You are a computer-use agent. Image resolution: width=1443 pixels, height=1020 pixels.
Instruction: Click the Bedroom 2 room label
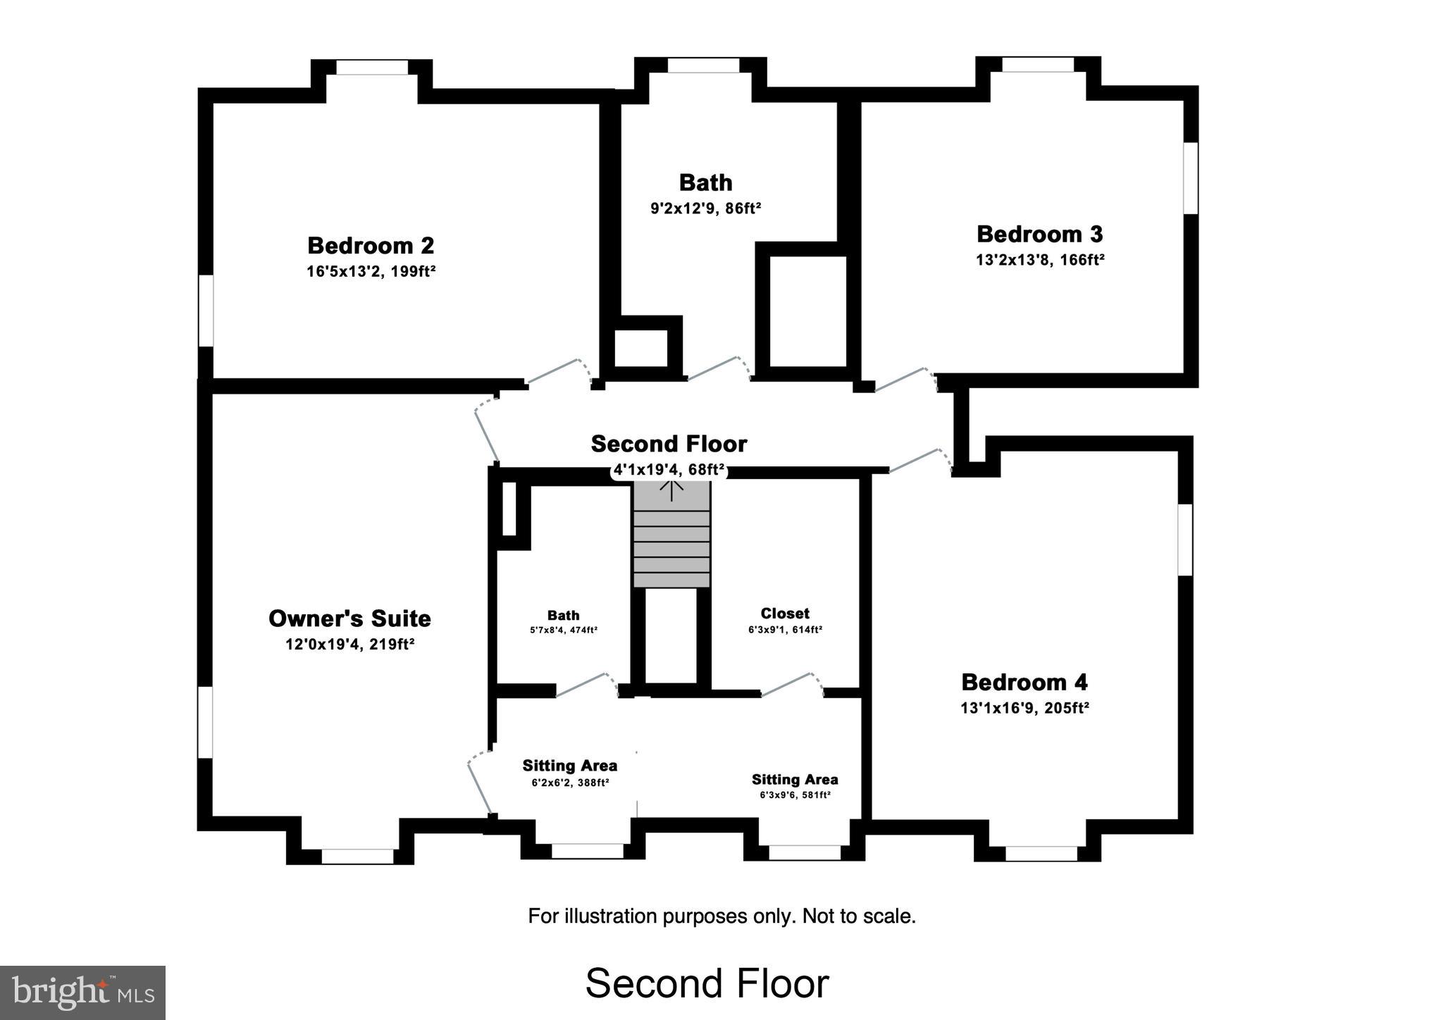click(x=371, y=246)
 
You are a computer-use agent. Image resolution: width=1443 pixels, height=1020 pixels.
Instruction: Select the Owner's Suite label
click(x=349, y=618)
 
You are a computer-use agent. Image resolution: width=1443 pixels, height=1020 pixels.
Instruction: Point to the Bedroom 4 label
click(x=1024, y=682)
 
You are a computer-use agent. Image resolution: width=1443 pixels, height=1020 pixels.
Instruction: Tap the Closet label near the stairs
click(x=785, y=614)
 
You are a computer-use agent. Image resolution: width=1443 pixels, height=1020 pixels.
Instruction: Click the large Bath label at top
click(x=705, y=182)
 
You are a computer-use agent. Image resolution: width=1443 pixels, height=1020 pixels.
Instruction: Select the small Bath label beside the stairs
click(x=563, y=616)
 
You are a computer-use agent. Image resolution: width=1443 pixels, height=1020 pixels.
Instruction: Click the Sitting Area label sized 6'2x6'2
click(x=569, y=766)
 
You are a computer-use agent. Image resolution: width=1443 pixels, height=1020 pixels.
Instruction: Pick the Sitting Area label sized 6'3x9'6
click(x=794, y=780)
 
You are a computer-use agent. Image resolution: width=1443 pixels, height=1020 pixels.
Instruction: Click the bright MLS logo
click(x=82, y=993)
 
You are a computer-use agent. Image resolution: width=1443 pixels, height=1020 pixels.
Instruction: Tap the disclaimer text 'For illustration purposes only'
click(x=721, y=916)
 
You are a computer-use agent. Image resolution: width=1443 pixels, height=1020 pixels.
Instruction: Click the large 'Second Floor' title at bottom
click(x=707, y=983)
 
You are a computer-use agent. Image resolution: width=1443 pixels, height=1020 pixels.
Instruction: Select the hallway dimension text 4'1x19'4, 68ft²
click(x=669, y=470)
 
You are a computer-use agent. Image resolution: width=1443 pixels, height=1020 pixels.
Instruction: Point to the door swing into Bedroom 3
click(x=905, y=380)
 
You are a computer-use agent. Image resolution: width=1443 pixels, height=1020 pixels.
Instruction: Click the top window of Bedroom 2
click(x=371, y=68)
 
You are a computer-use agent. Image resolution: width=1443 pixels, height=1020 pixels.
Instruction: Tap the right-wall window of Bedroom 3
click(x=1190, y=178)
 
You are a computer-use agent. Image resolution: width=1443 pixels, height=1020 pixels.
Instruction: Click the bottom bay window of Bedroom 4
click(x=1041, y=854)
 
